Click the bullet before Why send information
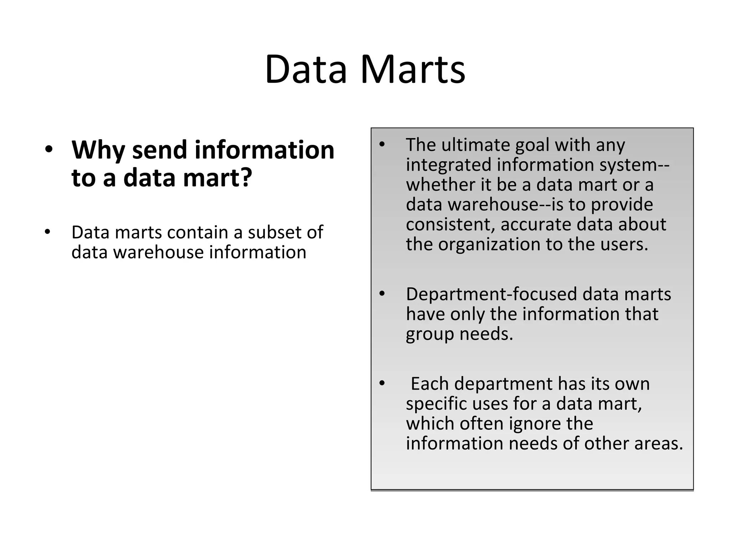[x=49, y=150]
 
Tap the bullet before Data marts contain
[x=48, y=232]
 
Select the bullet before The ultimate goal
[x=382, y=144]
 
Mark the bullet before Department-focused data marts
[x=382, y=294]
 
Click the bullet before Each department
[x=382, y=384]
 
